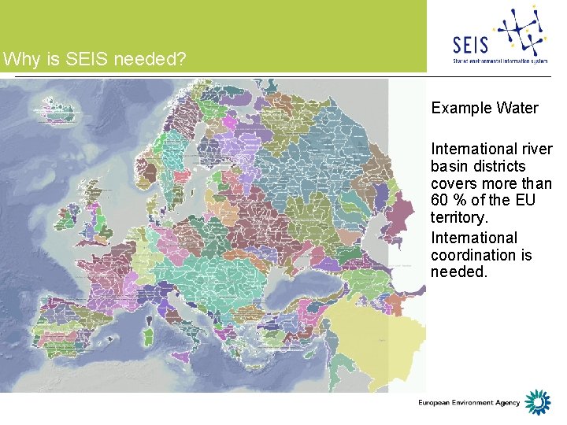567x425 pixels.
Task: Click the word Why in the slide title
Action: (17, 59)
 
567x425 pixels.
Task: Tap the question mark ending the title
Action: (183, 59)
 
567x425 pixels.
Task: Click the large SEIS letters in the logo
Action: (471, 44)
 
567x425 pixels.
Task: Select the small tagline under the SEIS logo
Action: (500, 60)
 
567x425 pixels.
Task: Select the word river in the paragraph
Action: (536, 150)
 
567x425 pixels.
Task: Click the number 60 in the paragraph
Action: (440, 201)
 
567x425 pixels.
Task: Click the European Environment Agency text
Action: (469, 403)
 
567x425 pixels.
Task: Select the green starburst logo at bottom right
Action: (538, 402)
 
